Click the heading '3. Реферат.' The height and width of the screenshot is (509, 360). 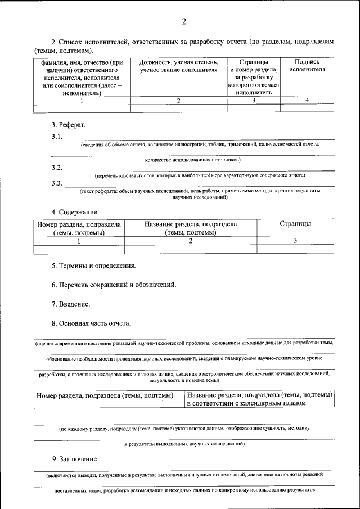69,124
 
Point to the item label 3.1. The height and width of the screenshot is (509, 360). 57,137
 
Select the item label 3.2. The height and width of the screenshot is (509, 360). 57,168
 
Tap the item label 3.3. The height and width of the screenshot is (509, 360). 57,183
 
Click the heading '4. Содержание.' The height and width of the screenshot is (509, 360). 75,212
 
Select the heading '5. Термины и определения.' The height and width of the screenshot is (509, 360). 93,265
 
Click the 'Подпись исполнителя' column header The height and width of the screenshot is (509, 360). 307,66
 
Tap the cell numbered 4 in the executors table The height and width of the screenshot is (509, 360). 307,100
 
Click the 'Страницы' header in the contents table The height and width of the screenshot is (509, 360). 295,224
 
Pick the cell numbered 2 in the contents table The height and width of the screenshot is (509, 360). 191,241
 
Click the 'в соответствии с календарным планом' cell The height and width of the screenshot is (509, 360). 246,403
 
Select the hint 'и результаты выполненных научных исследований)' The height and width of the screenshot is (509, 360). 184,444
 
